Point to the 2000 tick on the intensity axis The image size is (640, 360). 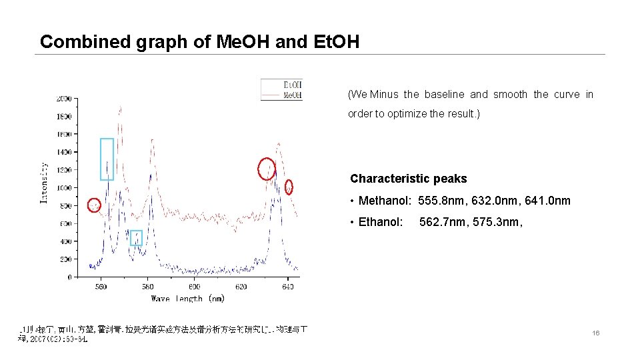coord(64,99)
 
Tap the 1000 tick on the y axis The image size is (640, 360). coord(64,188)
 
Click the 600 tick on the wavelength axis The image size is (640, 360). coord(194,287)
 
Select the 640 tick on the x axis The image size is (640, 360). coord(288,287)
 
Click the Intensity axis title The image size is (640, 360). coord(44,183)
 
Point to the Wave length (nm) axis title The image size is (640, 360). coord(188,299)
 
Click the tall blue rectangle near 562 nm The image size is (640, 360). coord(107,159)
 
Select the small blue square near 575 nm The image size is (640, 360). coord(136,238)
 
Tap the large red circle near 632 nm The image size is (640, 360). coord(267,169)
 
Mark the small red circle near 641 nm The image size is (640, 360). coord(289,187)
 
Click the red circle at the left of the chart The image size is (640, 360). coord(94,205)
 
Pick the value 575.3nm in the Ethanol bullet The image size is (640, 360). coord(499,222)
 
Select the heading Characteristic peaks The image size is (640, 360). coord(408,179)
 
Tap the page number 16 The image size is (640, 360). coord(596,332)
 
